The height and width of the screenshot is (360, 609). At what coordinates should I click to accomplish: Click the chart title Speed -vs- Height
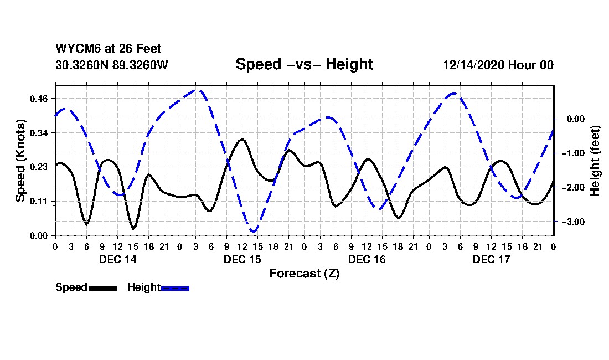click(x=304, y=64)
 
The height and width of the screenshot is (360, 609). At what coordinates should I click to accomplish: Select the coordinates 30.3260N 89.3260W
click(x=112, y=65)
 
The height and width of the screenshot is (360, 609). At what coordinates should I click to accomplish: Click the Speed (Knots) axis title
click(x=20, y=160)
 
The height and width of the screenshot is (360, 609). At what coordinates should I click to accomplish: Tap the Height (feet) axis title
click(x=596, y=161)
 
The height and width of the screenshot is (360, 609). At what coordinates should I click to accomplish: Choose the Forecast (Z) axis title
click(x=304, y=273)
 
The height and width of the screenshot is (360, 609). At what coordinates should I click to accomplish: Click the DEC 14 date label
click(x=117, y=259)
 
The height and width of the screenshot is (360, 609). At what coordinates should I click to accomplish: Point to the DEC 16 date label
click(x=367, y=259)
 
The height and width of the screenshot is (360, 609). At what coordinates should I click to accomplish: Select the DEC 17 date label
click(x=491, y=259)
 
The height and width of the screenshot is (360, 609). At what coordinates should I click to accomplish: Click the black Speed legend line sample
click(x=102, y=288)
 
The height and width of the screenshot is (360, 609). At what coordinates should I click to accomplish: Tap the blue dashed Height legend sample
click(x=175, y=288)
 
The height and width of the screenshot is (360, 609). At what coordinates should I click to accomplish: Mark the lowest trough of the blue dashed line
click(x=254, y=231)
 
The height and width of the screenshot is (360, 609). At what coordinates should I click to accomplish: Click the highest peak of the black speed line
click(x=241, y=139)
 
